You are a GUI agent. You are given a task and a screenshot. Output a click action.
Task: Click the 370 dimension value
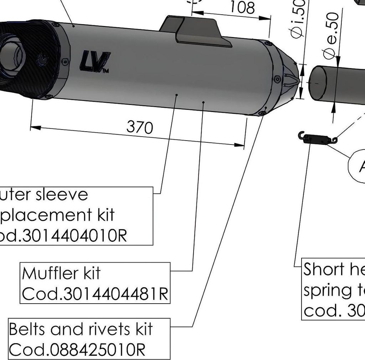click(x=140, y=127)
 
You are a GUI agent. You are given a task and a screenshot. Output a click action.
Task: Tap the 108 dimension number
click(x=243, y=7)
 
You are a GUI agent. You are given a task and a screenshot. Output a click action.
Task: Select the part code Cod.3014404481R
click(x=95, y=294)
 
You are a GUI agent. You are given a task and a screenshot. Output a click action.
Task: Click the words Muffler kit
click(x=61, y=274)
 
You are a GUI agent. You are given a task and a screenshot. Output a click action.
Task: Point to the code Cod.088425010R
click(x=77, y=350)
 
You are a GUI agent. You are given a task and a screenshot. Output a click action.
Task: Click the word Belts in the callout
click(x=27, y=329)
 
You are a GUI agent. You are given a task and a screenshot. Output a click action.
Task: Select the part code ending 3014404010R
click(x=64, y=236)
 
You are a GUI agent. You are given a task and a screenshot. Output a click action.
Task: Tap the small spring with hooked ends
click(x=317, y=138)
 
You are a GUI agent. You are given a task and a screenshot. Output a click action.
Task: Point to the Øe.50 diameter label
click(x=331, y=36)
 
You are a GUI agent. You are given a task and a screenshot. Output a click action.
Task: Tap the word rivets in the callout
click(x=107, y=329)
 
